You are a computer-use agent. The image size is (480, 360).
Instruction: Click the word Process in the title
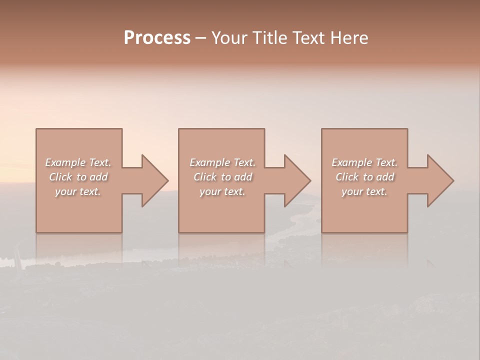coord(157,38)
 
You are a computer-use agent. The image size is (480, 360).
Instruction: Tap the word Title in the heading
coord(268,38)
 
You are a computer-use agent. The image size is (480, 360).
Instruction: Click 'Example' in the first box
coord(65,162)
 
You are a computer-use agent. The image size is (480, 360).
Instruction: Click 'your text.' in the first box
coord(78,191)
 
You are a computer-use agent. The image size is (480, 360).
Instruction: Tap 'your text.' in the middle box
coord(222,191)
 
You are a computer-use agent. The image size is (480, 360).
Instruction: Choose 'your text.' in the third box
coord(364,191)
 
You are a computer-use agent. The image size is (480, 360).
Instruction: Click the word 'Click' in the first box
coord(60,177)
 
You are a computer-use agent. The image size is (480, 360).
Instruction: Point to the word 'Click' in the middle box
coord(205,177)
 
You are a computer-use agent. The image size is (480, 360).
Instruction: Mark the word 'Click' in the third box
coord(347,177)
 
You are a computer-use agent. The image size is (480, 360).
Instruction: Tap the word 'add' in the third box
coord(385,177)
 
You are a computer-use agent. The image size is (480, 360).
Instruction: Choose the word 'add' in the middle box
coord(243,177)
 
